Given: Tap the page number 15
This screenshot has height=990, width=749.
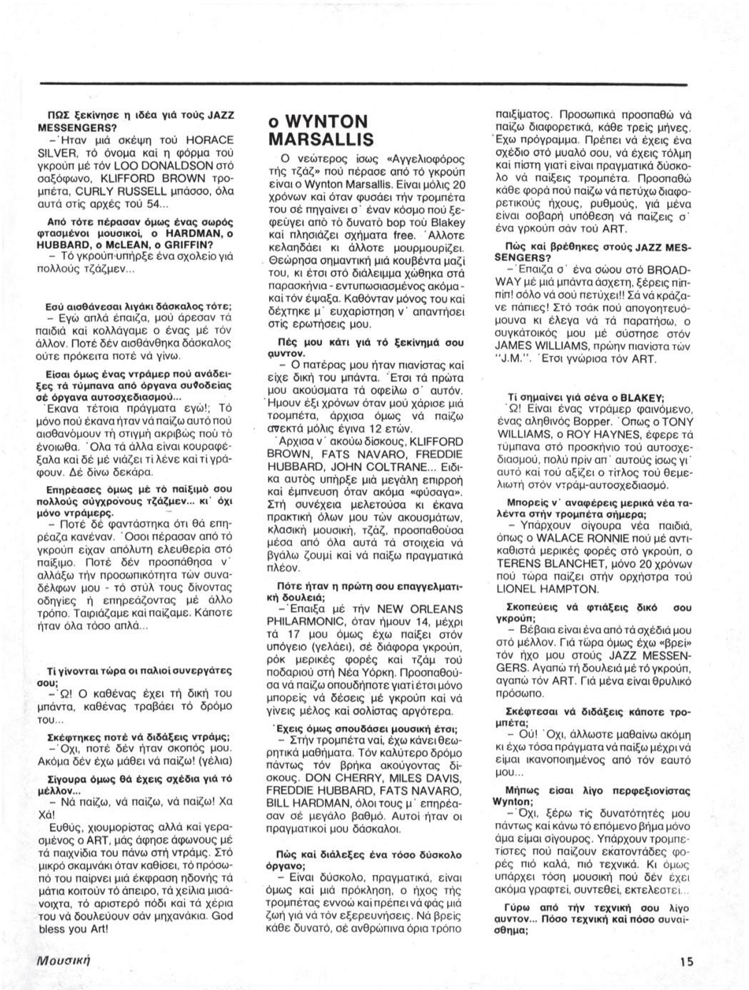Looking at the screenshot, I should coord(686,961).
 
